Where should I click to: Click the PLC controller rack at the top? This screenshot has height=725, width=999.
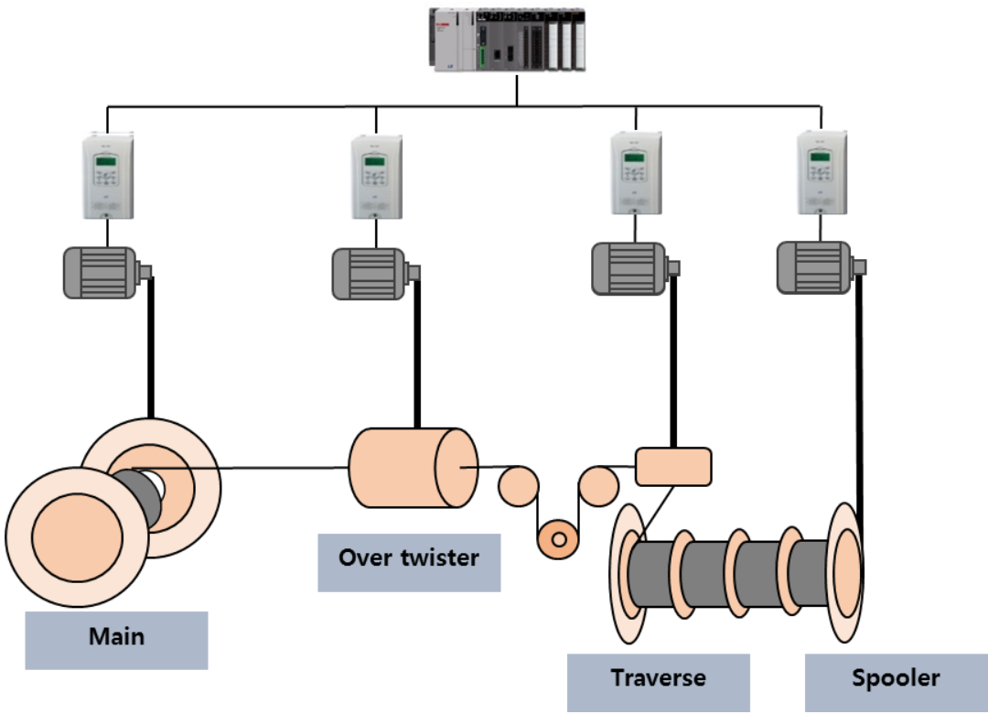tap(507, 40)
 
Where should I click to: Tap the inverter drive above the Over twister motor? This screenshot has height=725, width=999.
tap(376, 177)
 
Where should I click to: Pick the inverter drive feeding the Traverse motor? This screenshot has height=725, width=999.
tap(635, 174)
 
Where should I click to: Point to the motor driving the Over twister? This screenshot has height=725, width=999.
tap(370, 273)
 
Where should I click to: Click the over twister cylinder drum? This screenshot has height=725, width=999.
tap(412, 467)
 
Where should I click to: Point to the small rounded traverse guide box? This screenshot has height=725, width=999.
tap(673, 467)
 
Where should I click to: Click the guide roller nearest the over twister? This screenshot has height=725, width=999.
tap(519, 485)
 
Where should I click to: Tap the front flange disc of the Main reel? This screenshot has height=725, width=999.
tap(77, 536)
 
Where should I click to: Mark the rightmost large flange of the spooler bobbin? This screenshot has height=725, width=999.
tap(845, 572)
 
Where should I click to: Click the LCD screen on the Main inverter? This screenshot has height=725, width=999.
tap(107, 162)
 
